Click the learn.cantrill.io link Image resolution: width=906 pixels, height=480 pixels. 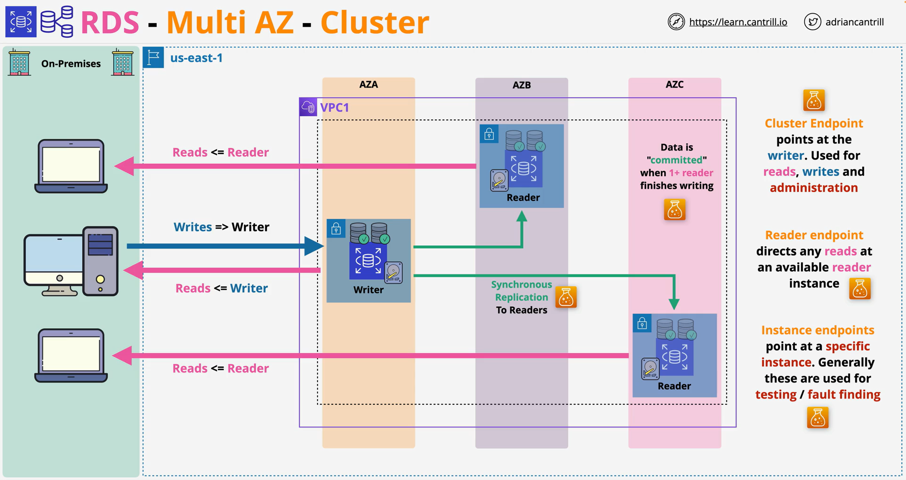click(738, 22)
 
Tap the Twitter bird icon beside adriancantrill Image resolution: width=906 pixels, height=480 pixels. click(812, 22)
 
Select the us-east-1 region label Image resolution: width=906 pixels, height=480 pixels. click(196, 58)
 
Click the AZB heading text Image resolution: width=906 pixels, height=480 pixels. click(522, 85)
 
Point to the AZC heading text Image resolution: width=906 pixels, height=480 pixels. click(675, 84)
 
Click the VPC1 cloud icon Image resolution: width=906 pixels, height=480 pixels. click(308, 107)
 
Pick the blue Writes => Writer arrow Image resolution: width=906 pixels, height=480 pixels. click(225, 246)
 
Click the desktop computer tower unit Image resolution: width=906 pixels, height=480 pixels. click(100, 261)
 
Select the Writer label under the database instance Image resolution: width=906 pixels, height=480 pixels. click(368, 290)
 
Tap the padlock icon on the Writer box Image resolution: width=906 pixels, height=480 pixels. click(336, 229)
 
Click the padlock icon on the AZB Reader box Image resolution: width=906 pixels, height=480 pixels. click(489, 134)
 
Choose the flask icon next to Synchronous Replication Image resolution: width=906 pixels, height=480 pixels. click(566, 297)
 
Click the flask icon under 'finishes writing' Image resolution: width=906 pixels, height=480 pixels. click(675, 210)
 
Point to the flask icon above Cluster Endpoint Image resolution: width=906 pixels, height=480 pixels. click(814, 100)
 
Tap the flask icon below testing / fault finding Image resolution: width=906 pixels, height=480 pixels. click(817, 418)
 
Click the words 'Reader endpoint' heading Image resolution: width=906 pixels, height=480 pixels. click(814, 235)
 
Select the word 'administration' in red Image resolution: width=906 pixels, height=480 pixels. click(814, 188)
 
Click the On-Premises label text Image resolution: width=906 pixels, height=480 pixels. click(71, 63)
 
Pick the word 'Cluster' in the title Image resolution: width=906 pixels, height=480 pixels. click(375, 22)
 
